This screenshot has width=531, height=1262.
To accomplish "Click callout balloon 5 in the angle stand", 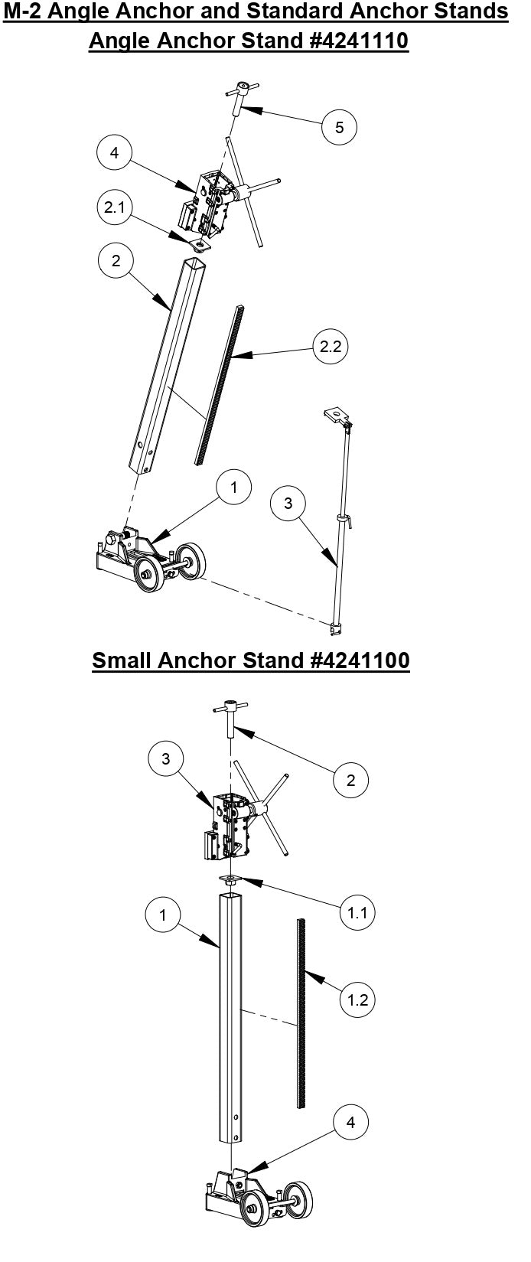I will pyautogui.click(x=340, y=126).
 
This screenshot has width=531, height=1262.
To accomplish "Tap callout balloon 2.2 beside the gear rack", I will pyautogui.click(x=331, y=347).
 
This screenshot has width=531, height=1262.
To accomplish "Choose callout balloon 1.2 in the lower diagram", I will pyautogui.click(x=356, y=999).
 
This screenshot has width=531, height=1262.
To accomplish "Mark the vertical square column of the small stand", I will pyautogui.click(x=231, y=1018).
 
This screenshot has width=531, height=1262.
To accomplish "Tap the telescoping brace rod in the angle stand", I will pyautogui.click(x=340, y=536).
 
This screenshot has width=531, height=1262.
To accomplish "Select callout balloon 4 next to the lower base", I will pyautogui.click(x=350, y=1122).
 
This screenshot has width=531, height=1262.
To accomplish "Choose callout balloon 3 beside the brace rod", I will pyautogui.click(x=288, y=503).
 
